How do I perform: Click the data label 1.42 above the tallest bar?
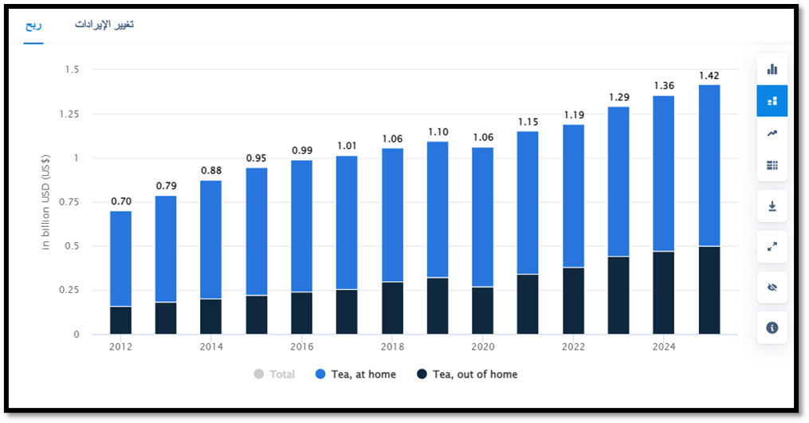click(709, 76)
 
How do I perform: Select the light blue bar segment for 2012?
click(120, 258)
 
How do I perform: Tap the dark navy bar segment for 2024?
click(663, 292)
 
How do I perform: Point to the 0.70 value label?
click(120, 202)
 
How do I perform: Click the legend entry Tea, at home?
click(355, 374)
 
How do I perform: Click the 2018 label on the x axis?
click(392, 347)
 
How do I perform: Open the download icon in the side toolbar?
click(772, 206)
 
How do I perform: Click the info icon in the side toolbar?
click(772, 327)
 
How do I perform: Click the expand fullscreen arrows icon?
click(772, 247)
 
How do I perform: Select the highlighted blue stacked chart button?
click(772, 101)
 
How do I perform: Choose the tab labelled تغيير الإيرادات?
click(104, 25)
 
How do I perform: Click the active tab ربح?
click(33, 25)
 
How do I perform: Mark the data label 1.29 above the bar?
click(619, 97)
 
